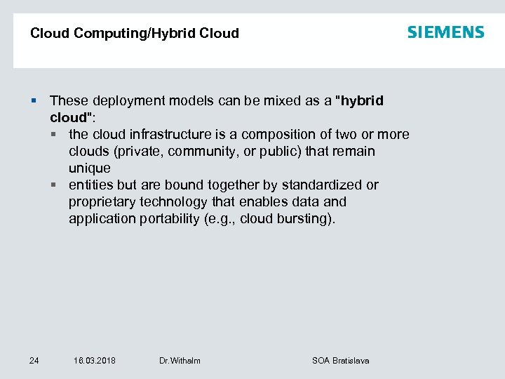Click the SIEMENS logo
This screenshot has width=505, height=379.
(445, 32)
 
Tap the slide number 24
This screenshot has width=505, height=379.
(34, 361)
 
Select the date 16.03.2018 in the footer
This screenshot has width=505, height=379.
(95, 361)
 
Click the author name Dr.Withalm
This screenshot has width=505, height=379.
(180, 361)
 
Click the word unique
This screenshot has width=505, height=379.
(89, 168)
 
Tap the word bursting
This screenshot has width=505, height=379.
(307, 219)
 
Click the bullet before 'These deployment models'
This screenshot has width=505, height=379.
(34, 101)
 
